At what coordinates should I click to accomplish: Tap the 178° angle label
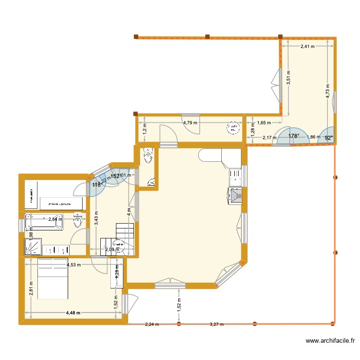(294, 136)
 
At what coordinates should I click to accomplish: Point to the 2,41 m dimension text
(307, 47)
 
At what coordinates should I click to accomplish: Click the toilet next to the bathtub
(78, 222)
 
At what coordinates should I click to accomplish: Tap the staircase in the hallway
(124, 234)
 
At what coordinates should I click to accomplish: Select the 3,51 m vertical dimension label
(288, 78)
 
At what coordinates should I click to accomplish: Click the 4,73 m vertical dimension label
(328, 91)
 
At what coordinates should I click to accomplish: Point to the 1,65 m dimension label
(264, 123)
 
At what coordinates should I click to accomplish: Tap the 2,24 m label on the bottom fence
(152, 324)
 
